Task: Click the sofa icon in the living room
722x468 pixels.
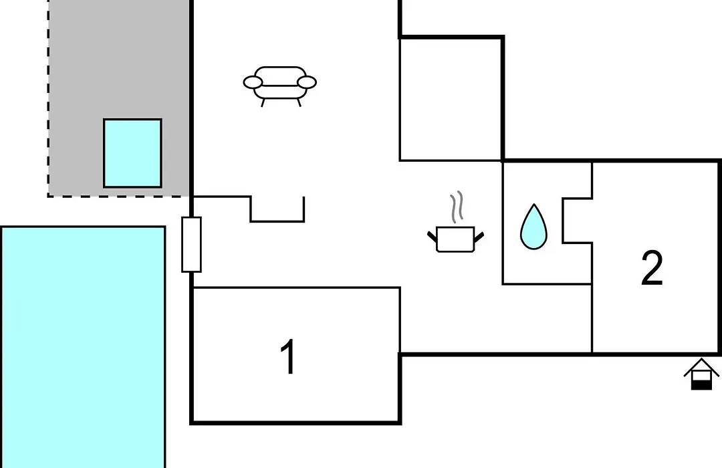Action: (x=280, y=86)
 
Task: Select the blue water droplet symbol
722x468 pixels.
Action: (x=533, y=227)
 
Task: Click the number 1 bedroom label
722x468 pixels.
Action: (x=288, y=356)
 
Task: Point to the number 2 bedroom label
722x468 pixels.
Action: (x=652, y=268)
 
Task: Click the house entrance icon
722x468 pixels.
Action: (x=701, y=374)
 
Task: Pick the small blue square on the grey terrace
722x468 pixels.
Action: (x=132, y=153)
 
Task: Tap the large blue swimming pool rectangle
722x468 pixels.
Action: (x=83, y=347)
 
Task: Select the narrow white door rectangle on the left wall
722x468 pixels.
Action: (x=192, y=244)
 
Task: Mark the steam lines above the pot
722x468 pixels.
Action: (x=457, y=207)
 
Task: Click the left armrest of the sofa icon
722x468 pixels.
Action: (x=253, y=82)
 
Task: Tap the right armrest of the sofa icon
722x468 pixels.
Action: (x=307, y=82)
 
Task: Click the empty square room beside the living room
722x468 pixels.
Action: (x=451, y=99)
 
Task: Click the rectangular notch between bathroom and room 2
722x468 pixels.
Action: (x=577, y=221)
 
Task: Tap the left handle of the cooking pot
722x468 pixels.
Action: (x=431, y=237)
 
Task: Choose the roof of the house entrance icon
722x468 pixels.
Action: (x=701, y=366)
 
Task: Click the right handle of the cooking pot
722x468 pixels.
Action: (x=479, y=237)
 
